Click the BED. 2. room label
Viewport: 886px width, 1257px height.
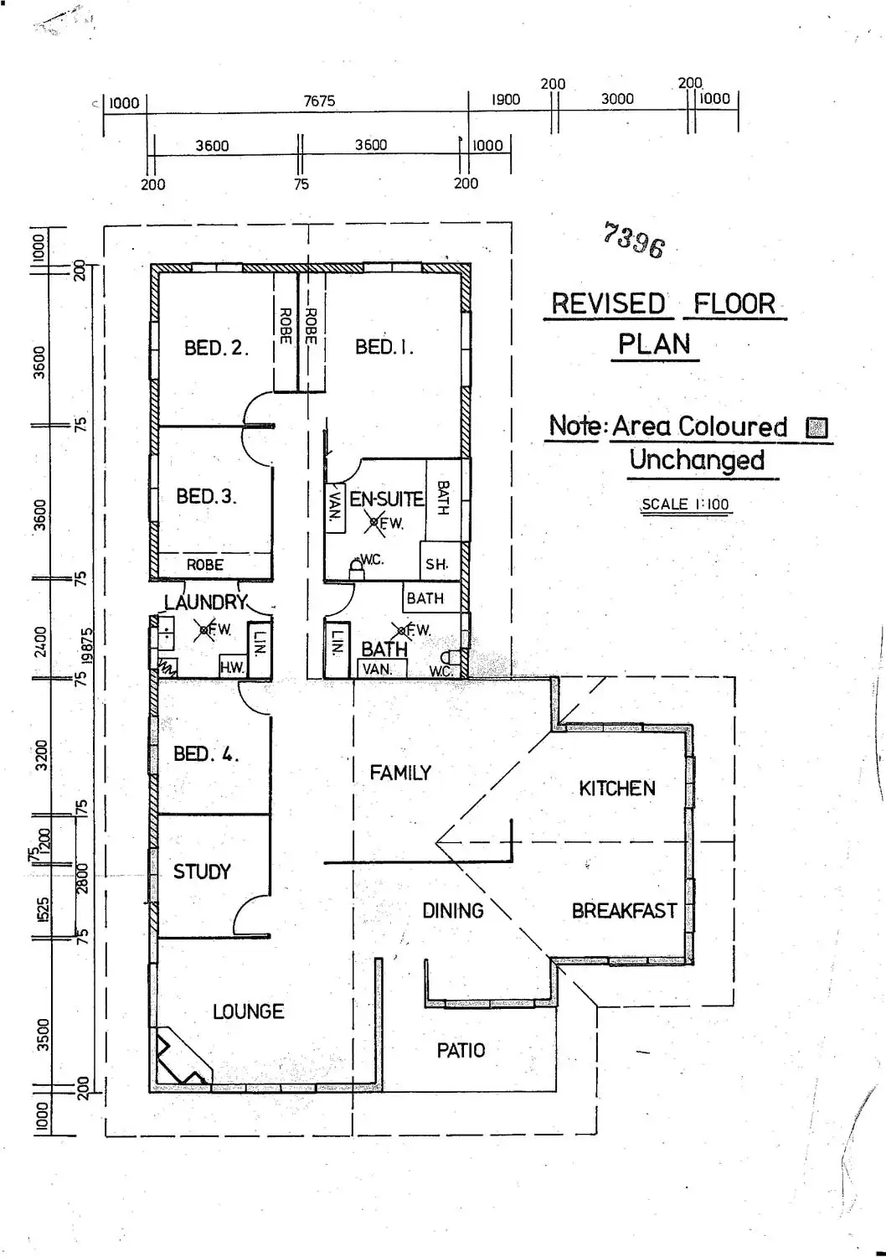(216, 348)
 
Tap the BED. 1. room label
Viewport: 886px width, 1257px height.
(384, 347)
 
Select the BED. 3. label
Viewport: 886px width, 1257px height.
(206, 496)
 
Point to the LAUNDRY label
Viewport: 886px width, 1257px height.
(205, 602)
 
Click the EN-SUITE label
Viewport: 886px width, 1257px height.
(386, 499)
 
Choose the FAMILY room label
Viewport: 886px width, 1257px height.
(400, 773)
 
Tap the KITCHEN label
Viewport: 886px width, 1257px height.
(617, 788)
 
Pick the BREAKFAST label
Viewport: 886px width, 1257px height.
(624, 911)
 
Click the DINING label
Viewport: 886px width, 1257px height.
(452, 911)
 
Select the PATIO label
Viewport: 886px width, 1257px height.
(461, 1050)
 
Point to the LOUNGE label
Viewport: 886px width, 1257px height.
(248, 1011)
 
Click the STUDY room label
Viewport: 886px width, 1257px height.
(202, 872)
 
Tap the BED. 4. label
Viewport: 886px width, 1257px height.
(206, 754)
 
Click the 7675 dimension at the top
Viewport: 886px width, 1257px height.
(319, 101)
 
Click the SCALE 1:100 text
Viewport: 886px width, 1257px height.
(685, 504)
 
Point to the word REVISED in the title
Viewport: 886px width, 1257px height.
(608, 303)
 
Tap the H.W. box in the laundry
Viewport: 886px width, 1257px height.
(231, 668)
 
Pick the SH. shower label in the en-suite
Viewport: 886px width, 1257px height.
(436, 564)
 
